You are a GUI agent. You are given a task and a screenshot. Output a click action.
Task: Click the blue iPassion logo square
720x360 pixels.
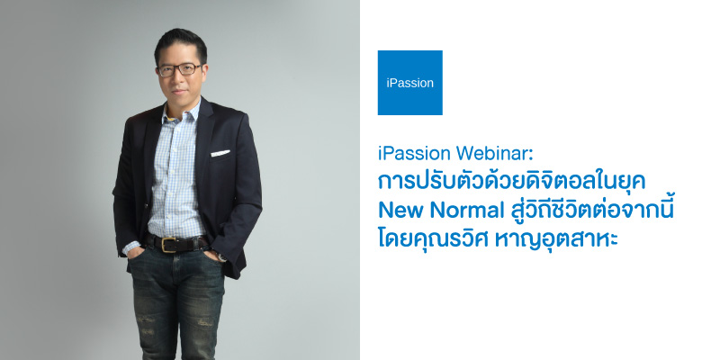(x=410, y=83)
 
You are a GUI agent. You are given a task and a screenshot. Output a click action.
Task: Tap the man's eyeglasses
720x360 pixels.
(x=179, y=69)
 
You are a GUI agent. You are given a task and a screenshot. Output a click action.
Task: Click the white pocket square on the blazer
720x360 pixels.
(x=220, y=153)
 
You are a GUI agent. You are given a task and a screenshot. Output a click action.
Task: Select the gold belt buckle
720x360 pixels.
(x=168, y=244)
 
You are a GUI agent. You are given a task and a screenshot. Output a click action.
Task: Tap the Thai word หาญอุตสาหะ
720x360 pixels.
(x=556, y=240)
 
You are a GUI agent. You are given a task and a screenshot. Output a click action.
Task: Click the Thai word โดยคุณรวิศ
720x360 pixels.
(x=433, y=239)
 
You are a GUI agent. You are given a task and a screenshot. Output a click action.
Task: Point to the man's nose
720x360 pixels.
(x=180, y=77)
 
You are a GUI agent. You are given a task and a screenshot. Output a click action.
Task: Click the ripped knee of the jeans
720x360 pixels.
(x=201, y=323)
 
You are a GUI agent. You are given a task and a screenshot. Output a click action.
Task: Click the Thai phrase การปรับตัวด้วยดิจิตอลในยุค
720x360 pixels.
(x=511, y=182)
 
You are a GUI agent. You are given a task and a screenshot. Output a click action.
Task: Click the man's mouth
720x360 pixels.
(x=180, y=91)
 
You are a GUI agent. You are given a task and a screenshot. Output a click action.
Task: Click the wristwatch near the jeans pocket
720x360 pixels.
(x=222, y=256)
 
